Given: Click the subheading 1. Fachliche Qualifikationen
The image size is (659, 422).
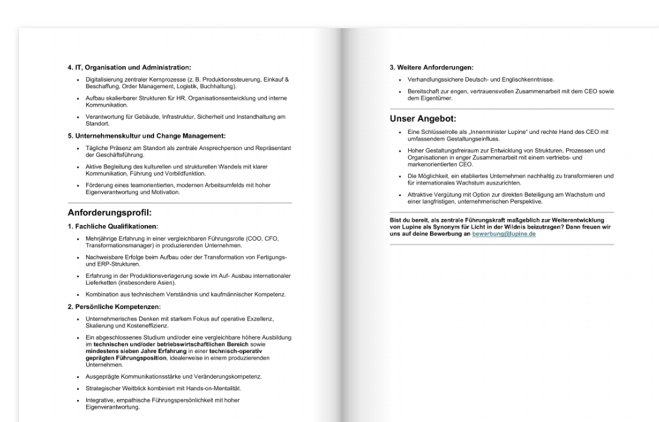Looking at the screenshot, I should point(113,226).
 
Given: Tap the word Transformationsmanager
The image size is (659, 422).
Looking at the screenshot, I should point(119,246).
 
